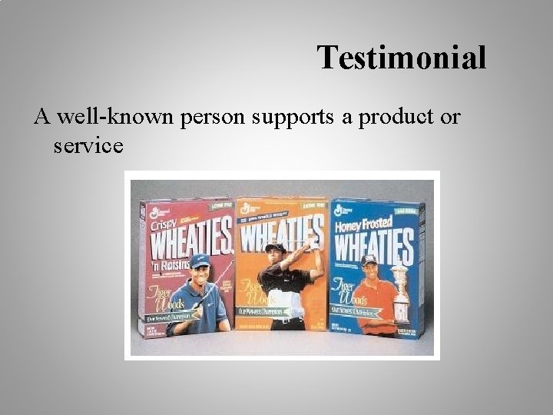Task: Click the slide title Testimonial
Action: [402, 58]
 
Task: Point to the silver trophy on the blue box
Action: [399, 293]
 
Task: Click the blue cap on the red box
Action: [200, 261]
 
